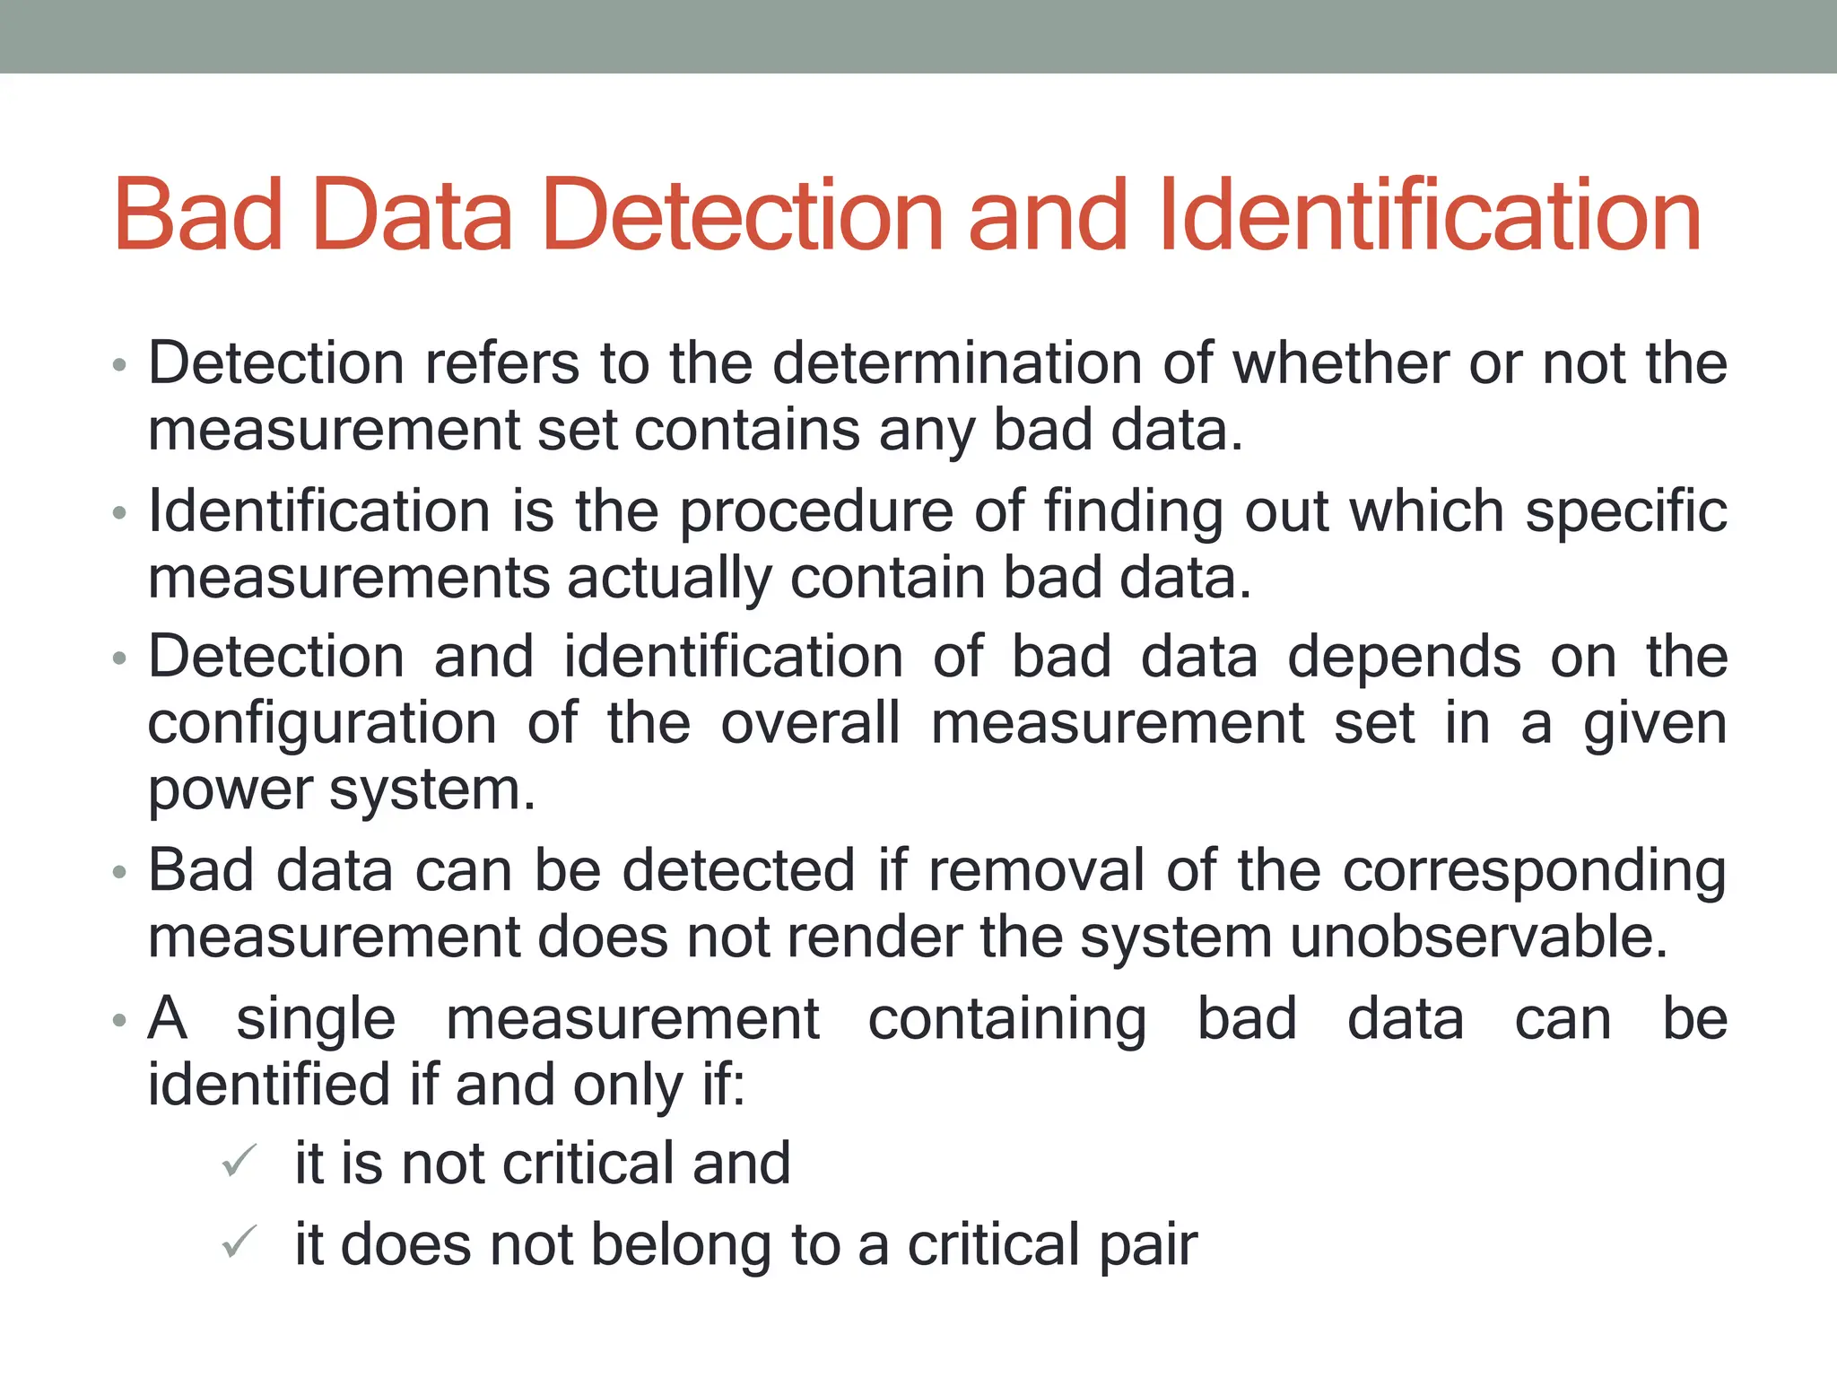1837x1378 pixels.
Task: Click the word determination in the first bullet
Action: [x=956, y=363]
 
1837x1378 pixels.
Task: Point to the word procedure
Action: [x=815, y=512]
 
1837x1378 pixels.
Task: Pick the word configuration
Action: [x=322, y=723]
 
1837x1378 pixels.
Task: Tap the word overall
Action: [x=810, y=723]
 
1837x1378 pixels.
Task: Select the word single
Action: [x=316, y=1020]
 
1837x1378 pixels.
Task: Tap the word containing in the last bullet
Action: [x=1006, y=1020]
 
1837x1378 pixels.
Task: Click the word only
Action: [x=628, y=1086]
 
